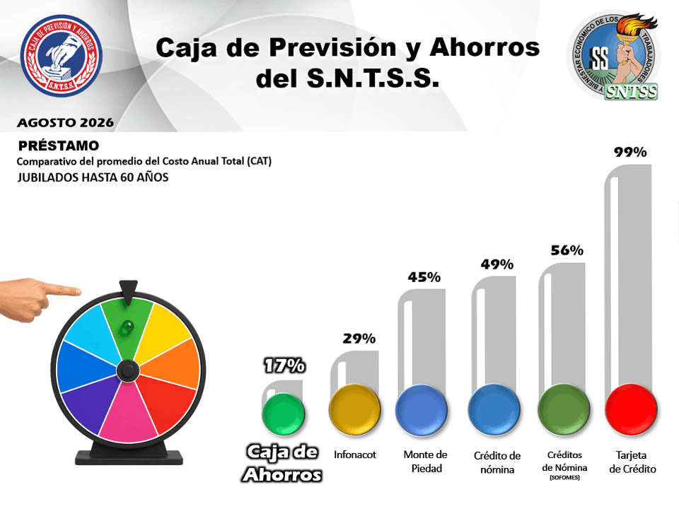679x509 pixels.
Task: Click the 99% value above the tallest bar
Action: [630, 152]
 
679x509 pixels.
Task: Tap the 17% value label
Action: [284, 365]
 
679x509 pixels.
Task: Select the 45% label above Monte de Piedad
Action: [424, 277]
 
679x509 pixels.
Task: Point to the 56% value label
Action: [567, 250]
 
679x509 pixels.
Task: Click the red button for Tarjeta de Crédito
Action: [631, 409]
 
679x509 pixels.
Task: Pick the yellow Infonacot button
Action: [354, 409]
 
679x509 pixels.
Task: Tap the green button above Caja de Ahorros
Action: [284, 414]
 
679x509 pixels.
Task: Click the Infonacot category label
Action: [355, 455]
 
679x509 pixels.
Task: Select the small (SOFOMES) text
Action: [564, 478]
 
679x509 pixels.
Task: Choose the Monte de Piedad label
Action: [426, 462]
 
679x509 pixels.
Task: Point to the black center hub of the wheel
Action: [128, 370]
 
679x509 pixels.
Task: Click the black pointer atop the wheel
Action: [128, 292]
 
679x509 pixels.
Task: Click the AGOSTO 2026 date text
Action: [65, 123]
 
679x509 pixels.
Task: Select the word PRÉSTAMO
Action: [59, 146]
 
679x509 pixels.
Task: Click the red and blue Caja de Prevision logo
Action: [62, 55]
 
